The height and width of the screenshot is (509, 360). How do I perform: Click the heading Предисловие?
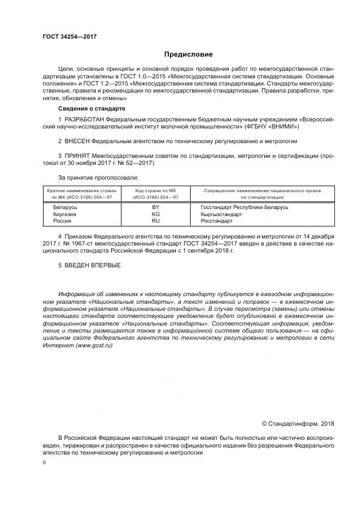tap(188, 54)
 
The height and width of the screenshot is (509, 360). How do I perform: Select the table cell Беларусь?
tap(65, 207)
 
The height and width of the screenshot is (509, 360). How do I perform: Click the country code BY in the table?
tap(155, 207)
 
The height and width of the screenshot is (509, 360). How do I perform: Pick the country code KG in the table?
tap(155, 214)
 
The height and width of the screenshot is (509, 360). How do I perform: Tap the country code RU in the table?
tap(155, 222)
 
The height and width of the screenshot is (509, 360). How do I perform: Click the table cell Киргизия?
tap(64, 214)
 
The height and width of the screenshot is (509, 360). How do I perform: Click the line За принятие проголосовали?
tap(98, 177)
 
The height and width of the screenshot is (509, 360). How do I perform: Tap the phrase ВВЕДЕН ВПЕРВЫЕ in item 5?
tap(93, 265)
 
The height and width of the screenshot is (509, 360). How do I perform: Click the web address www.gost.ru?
tap(97, 346)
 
